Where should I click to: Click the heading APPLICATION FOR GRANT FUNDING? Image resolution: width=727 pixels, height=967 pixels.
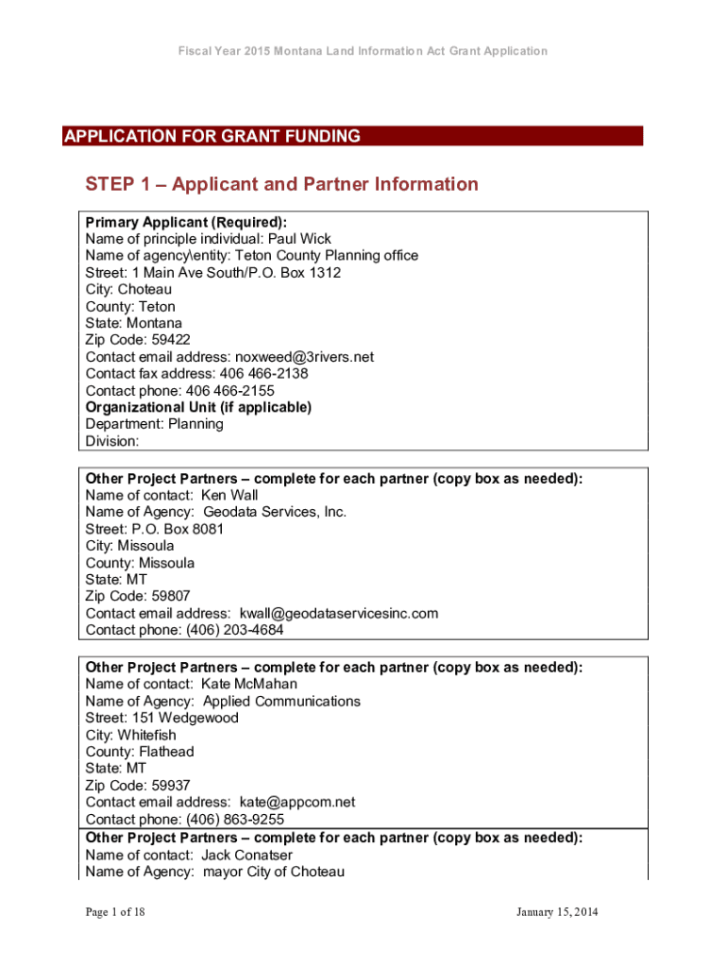(x=212, y=137)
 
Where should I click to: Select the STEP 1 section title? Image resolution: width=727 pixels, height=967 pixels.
(x=281, y=184)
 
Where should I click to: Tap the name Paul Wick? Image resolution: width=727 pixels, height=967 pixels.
(x=300, y=239)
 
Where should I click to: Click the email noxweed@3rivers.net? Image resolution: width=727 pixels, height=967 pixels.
(x=307, y=357)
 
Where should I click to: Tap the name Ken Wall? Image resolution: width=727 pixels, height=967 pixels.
(x=229, y=495)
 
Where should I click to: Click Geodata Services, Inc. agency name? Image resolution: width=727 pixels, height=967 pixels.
(x=275, y=512)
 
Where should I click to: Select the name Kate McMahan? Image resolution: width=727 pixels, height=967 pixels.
(x=249, y=684)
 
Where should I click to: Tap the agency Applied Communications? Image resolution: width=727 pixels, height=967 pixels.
(x=281, y=702)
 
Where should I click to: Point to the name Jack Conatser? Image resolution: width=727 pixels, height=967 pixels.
(x=247, y=855)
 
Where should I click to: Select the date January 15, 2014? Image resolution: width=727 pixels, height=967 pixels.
(x=557, y=912)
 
